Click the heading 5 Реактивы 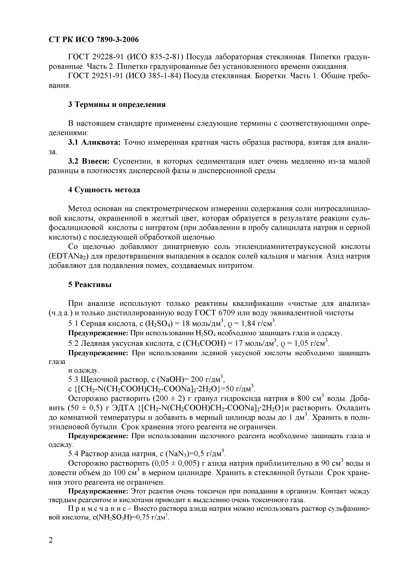90,285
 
